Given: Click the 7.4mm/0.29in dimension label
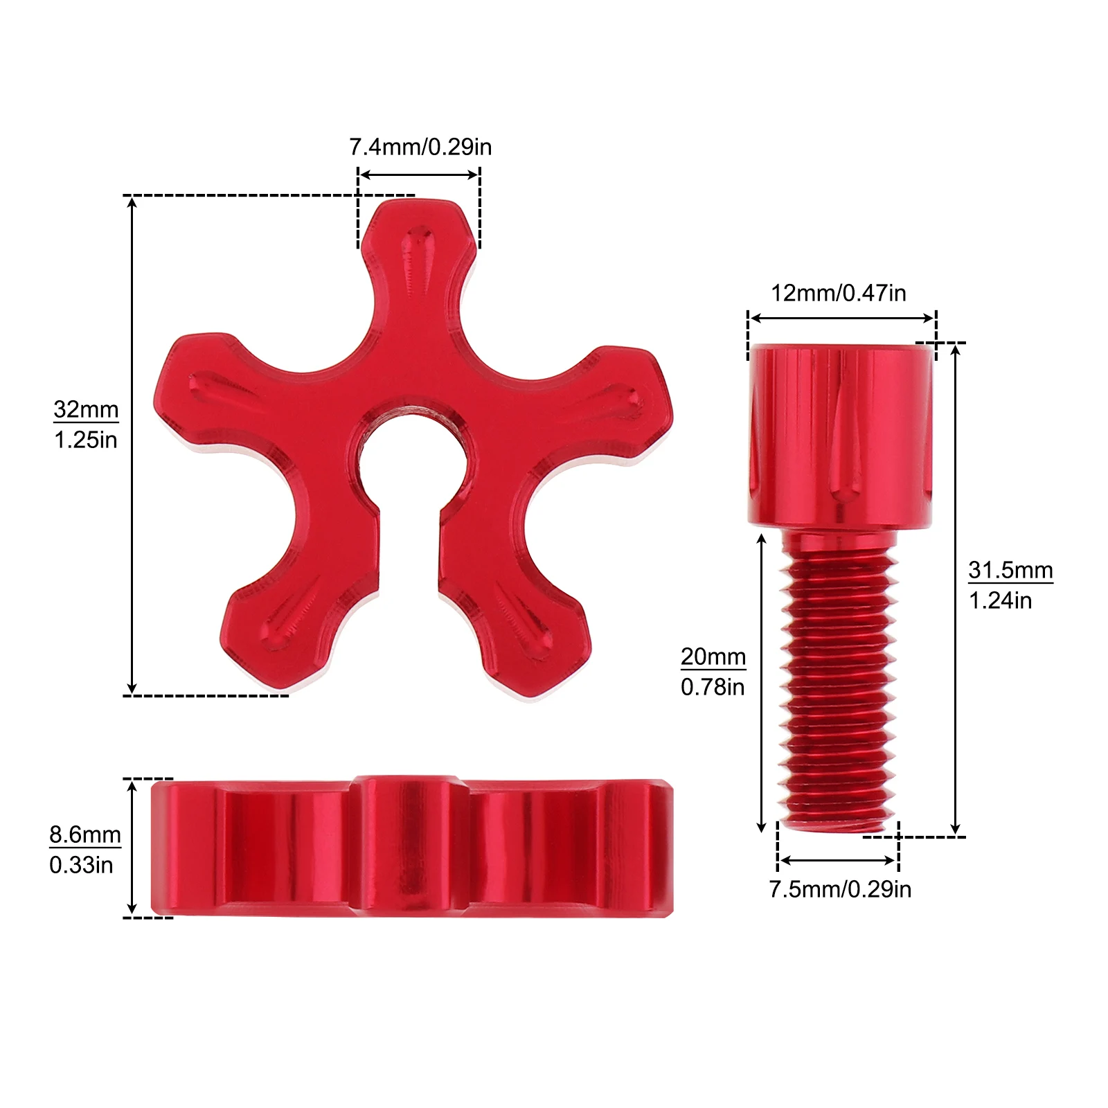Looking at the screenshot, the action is click(x=420, y=147).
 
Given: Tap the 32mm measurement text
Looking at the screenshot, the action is click(x=86, y=409).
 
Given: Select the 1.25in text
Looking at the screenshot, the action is click(x=86, y=440).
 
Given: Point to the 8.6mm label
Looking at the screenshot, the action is click(x=85, y=834).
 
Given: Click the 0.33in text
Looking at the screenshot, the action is click(x=81, y=865).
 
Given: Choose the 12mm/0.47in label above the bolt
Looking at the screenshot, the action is click(x=839, y=293).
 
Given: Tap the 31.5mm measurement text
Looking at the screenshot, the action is click(x=1010, y=570).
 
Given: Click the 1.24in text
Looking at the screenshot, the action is click(x=1000, y=600).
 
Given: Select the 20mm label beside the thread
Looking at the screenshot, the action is click(x=713, y=656).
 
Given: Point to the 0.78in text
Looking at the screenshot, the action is click(x=713, y=687).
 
